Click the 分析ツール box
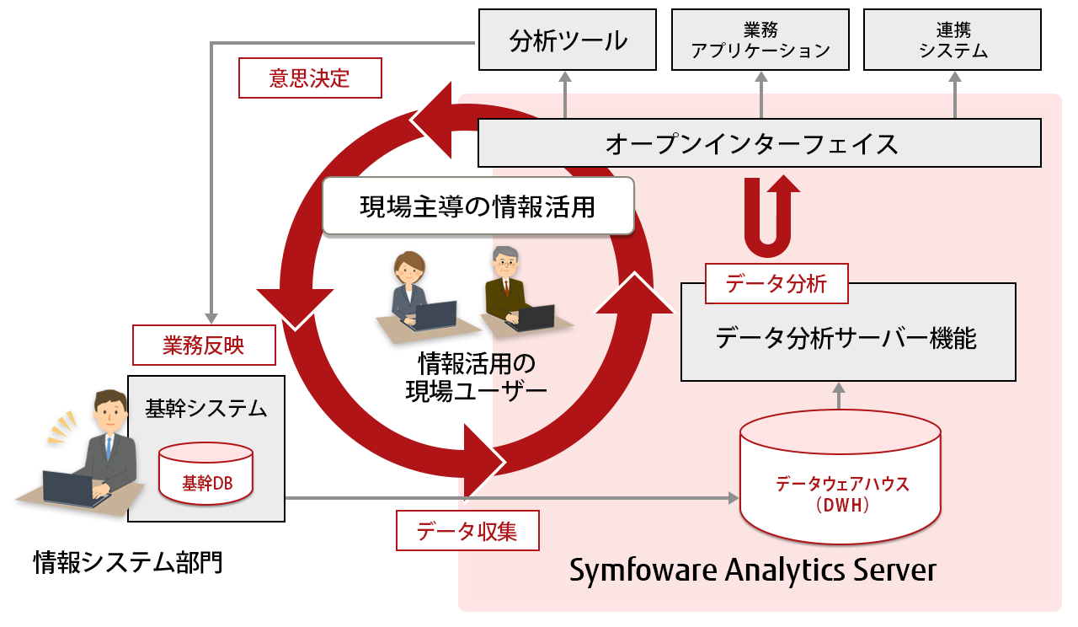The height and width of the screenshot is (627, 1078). click(567, 40)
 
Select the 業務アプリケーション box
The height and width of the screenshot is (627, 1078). click(760, 40)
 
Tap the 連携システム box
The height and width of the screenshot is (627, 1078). click(953, 40)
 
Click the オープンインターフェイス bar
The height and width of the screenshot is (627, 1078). click(759, 143)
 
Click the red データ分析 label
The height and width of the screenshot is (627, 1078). click(776, 284)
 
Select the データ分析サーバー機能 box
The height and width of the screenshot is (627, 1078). click(847, 339)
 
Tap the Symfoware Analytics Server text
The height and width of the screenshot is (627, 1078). click(752, 571)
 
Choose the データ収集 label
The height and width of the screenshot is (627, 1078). click(467, 531)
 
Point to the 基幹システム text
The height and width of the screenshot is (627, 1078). click(205, 410)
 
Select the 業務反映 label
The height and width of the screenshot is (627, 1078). click(204, 345)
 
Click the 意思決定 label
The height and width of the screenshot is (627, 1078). click(310, 78)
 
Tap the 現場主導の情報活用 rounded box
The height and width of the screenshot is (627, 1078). click(478, 206)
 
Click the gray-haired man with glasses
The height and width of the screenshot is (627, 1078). click(506, 282)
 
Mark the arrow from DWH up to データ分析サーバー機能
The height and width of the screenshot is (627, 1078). click(838, 396)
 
